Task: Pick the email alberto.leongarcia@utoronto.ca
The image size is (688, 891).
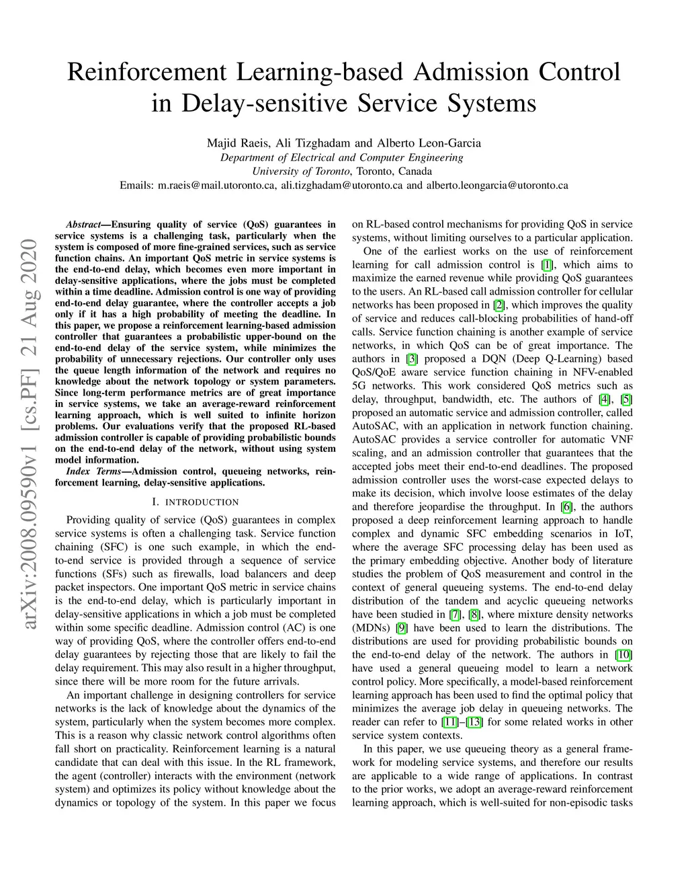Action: point(497,185)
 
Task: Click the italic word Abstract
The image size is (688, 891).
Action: point(83,225)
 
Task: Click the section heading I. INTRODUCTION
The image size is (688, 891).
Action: point(196,502)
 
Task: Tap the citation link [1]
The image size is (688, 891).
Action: point(547,265)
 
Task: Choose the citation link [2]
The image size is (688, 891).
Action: point(498,305)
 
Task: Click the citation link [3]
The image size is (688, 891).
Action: point(413,359)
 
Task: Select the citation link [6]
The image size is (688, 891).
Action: point(568,507)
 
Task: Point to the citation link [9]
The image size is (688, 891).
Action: point(402,628)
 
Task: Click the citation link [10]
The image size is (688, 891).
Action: point(624,655)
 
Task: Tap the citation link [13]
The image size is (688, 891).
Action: point(474,722)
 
